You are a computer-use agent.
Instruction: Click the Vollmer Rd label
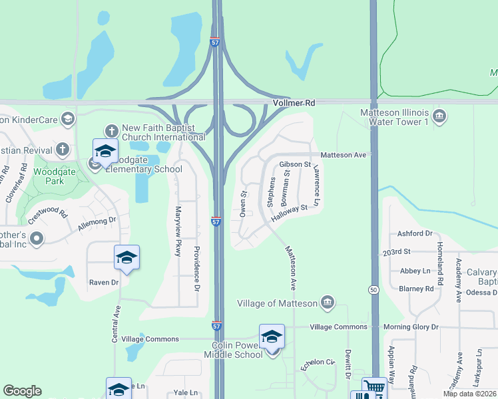293,104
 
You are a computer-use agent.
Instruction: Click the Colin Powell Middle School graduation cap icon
272,336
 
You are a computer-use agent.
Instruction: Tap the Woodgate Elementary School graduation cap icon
105,150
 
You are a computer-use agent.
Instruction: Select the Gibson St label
296,164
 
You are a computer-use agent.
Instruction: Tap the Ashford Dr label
415,233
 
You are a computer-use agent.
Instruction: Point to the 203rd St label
397,253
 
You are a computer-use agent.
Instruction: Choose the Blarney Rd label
421,289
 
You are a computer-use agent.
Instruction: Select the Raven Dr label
104,282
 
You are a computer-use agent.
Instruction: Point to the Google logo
22,391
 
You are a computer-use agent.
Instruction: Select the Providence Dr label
196,269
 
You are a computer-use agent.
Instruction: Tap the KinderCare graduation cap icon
67,119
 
